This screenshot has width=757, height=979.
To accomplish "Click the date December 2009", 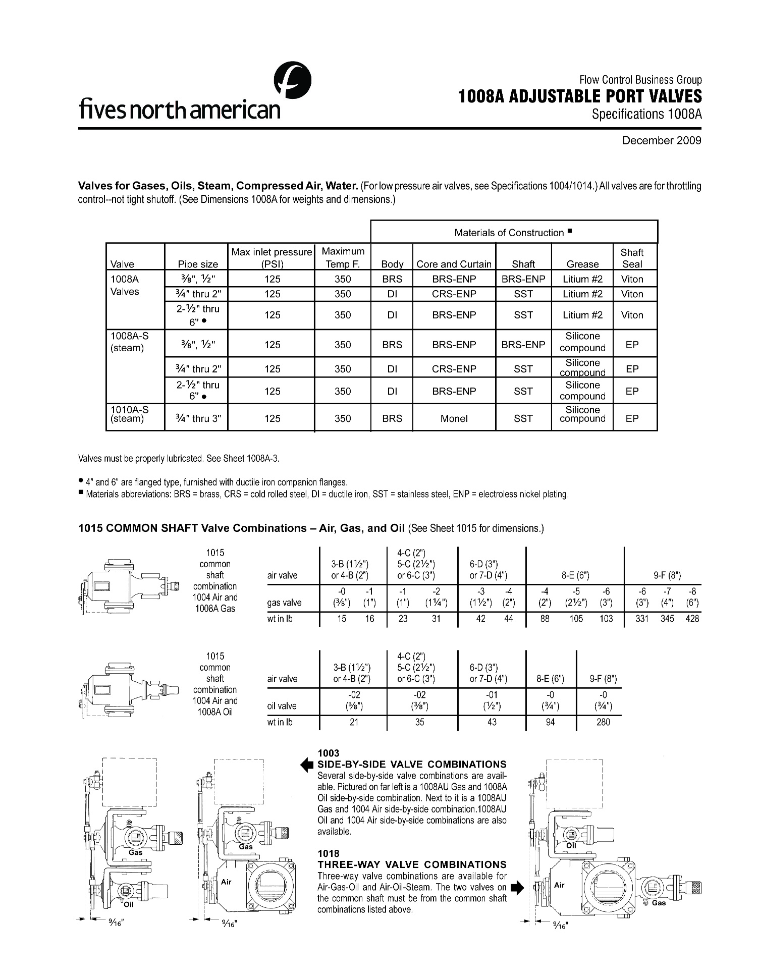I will click(662, 140).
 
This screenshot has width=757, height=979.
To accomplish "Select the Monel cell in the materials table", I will click(454, 418).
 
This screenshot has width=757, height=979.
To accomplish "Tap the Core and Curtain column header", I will click(454, 264).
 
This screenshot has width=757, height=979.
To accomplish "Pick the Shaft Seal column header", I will click(632, 258).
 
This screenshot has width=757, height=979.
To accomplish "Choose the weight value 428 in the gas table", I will click(692, 619).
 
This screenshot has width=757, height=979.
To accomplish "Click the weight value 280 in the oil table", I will click(603, 722).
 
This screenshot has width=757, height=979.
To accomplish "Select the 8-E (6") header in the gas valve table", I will click(575, 575).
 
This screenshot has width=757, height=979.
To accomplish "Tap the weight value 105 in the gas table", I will click(576, 619).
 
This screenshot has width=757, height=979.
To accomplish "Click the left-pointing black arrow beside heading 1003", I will click(307, 765).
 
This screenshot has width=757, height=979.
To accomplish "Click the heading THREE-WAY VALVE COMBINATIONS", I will click(412, 864).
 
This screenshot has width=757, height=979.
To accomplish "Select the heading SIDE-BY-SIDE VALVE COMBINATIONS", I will click(412, 764).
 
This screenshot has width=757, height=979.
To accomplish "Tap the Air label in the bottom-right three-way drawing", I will click(559, 885).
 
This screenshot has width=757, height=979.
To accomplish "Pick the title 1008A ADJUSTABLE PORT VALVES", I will click(580, 96).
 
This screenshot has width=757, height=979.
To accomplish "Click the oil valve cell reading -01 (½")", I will click(492, 700).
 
